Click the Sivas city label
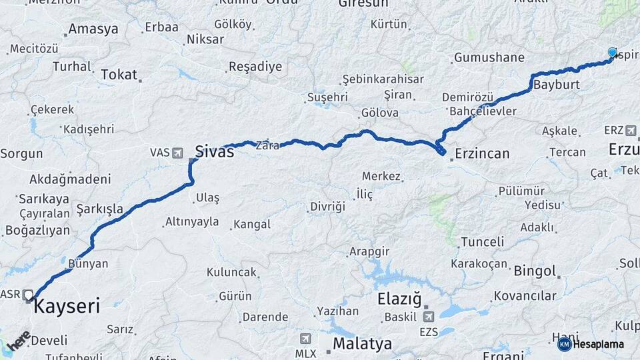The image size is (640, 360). coord(214,151)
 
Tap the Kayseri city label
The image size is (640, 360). coord(67,307)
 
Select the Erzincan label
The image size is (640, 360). coord(482,154)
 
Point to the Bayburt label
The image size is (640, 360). coord(557,85)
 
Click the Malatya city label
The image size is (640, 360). coord(362,344)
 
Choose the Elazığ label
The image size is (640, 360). coord(400,299)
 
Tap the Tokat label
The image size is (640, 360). coord(119,75)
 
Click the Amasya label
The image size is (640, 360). coord(93,29)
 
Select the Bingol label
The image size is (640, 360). coord(535,271)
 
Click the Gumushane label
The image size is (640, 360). coord(489,58)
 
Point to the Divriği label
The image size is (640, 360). coord(327,207)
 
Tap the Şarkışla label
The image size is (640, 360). coord(100,209)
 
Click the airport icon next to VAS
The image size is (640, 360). coord(177,153)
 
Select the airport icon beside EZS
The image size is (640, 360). coord(427,317)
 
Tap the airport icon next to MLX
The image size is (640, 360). coord(305,338)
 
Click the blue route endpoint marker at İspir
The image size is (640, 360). coord(613,53)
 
